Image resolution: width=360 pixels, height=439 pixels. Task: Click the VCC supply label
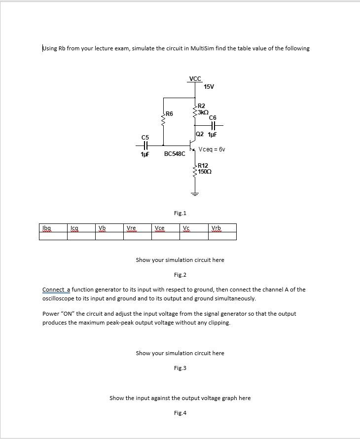[x=195, y=79]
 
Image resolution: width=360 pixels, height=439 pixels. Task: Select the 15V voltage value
[x=209, y=87]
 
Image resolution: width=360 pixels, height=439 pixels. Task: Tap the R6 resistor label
[x=169, y=114]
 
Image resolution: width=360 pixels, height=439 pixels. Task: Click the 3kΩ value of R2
[x=203, y=111]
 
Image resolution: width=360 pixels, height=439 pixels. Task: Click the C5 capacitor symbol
[x=145, y=146]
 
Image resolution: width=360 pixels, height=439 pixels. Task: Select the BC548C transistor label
[x=175, y=154]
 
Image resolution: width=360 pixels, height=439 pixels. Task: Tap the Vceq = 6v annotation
[x=212, y=149]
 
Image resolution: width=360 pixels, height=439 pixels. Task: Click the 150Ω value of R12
[x=205, y=171]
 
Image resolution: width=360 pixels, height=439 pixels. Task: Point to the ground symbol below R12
[x=195, y=193]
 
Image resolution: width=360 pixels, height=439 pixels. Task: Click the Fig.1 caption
[x=180, y=213]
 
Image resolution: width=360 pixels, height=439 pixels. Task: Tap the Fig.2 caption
[x=180, y=275]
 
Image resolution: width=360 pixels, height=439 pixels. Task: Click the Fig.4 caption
[x=180, y=413]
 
